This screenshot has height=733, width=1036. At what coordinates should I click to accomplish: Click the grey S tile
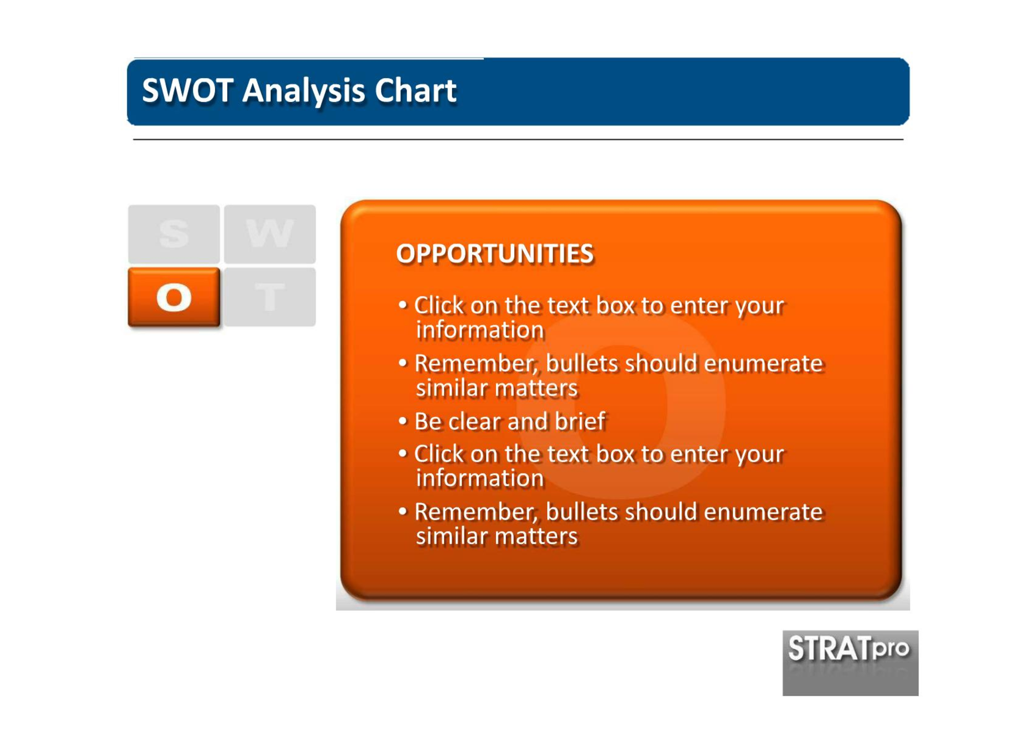tap(174, 234)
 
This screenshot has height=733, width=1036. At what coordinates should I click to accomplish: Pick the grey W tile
tap(270, 234)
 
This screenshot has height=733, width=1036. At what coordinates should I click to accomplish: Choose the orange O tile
tap(174, 297)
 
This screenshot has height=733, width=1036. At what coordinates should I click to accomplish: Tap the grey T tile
tap(270, 297)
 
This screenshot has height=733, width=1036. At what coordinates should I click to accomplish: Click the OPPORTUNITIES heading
tap(495, 254)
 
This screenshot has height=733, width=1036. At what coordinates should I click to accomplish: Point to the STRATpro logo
tap(850, 663)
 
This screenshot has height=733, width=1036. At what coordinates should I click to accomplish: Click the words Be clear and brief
tap(510, 421)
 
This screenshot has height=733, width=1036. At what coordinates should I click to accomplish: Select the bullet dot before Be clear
tap(403, 421)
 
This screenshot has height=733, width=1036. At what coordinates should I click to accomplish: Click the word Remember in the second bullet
tap(476, 364)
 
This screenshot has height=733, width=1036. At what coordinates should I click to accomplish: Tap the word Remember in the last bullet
tap(476, 512)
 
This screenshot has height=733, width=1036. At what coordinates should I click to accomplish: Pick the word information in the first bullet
tap(480, 330)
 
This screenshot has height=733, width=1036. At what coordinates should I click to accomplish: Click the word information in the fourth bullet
tap(480, 478)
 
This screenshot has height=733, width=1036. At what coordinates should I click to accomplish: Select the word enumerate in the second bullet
tap(763, 364)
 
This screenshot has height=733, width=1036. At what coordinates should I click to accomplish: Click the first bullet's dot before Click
tap(403, 304)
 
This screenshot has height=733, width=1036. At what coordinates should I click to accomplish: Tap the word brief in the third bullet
tap(580, 421)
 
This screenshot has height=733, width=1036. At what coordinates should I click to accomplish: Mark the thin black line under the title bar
tap(518, 139)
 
